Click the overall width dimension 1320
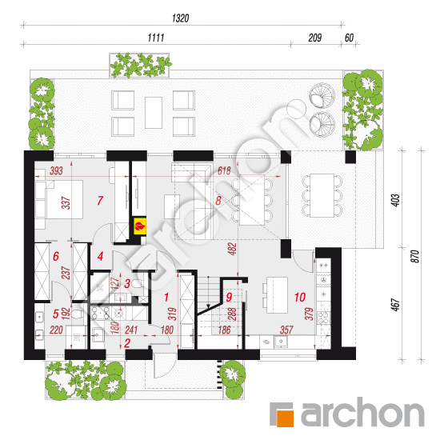[180, 18]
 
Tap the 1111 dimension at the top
[156, 38]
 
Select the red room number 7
[100, 200]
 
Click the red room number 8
[218, 201]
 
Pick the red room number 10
[300, 297]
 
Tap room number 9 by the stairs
[229, 297]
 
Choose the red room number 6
[56, 256]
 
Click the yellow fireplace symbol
[140, 226]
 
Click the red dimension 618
[224, 170]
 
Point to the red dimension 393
[56, 170]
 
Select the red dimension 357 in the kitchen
[286, 330]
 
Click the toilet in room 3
[137, 284]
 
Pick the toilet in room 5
[77, 314]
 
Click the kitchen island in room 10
[278, 295]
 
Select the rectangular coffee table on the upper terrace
[154, 113]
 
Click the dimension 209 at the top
[315, 38]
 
